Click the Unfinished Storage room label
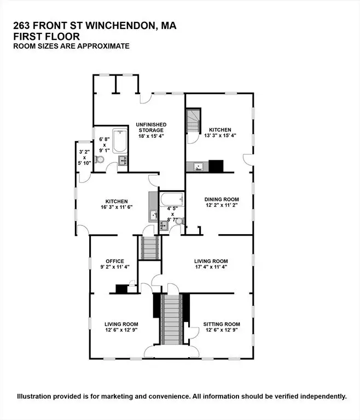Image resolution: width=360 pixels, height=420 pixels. pos(151,127)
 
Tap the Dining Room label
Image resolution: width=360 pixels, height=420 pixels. pos(222,199)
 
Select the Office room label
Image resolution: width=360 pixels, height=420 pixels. pos(115,261)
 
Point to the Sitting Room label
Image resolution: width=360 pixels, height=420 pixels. pos(222,324)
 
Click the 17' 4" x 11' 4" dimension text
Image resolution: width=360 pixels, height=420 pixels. pos(211,267)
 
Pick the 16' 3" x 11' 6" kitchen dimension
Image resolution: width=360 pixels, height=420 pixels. pos(117,207)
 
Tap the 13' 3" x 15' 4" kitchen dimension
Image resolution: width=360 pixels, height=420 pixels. pos(220,136)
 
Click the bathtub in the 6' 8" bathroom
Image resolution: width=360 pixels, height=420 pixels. pos(120,141)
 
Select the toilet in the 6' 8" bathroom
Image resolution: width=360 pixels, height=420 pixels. pos(100,159)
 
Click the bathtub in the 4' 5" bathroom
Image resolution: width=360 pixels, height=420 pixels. pos(172,200)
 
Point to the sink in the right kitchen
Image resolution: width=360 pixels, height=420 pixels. pos(199,167)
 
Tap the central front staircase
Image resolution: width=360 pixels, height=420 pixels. pos(172,319)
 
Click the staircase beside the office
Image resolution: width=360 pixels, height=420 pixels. pos(149,248)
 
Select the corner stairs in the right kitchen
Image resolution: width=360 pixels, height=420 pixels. pos(194,120)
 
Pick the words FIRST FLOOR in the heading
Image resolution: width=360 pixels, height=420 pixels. pos(47,37)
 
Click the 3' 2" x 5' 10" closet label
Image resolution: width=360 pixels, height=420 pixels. pos(84,157)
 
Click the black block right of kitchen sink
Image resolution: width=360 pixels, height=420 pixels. pos(216,166)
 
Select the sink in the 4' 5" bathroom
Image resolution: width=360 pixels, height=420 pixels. pos(163,225)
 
